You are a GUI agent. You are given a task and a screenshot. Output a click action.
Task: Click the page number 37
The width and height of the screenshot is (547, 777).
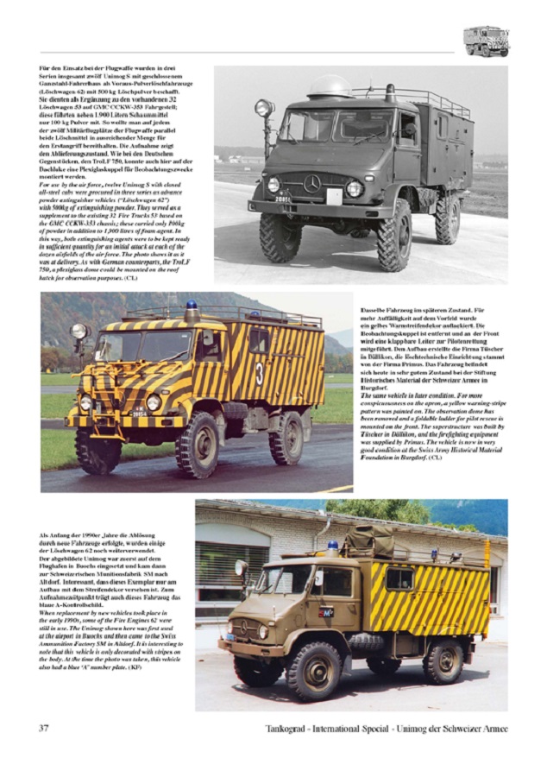tap(43, 728)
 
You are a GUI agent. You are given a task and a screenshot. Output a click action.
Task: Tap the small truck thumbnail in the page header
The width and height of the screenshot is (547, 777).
tap(485, 41)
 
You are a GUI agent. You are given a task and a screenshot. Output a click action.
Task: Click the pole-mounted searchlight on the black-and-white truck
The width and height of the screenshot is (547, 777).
tap(264, 109)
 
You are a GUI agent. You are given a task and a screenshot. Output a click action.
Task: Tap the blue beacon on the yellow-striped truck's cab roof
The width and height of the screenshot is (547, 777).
tap(192, 306)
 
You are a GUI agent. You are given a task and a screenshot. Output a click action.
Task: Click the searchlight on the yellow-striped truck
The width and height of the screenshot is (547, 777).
tap(79, 331)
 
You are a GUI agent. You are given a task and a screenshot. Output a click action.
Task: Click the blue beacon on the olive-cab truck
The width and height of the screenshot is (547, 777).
tap(333, 546)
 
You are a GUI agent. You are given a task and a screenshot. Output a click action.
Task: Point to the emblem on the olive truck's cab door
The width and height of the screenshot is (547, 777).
tap(326, 611)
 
